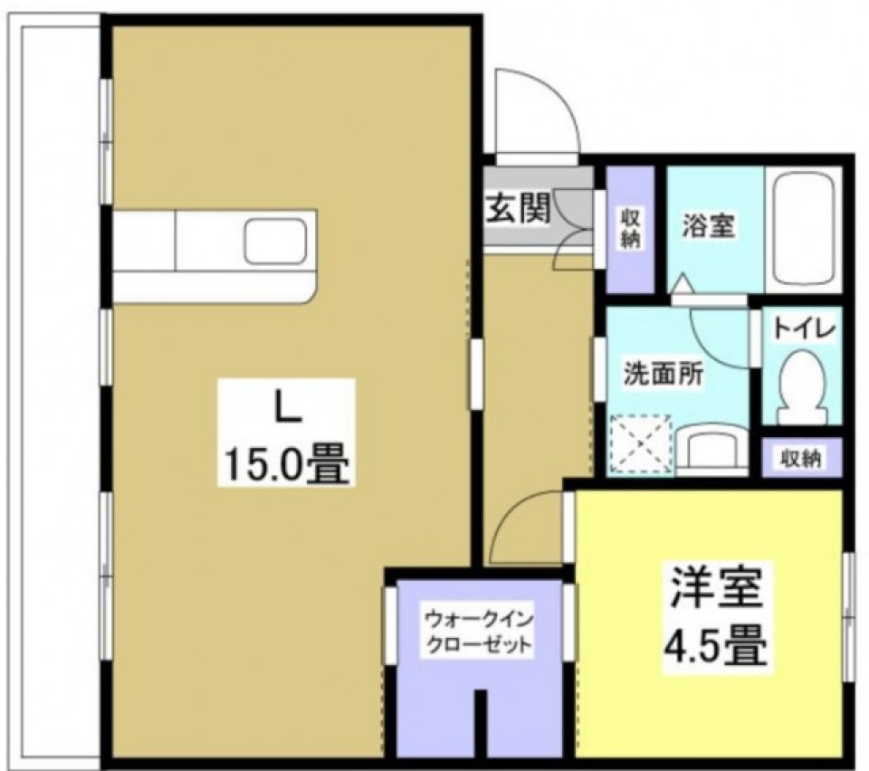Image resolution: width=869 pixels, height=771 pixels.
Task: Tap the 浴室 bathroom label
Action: [708, 226]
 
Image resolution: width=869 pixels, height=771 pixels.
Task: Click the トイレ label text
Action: [801, 328]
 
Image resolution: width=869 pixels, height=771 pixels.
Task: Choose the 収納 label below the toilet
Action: [801, 459]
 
